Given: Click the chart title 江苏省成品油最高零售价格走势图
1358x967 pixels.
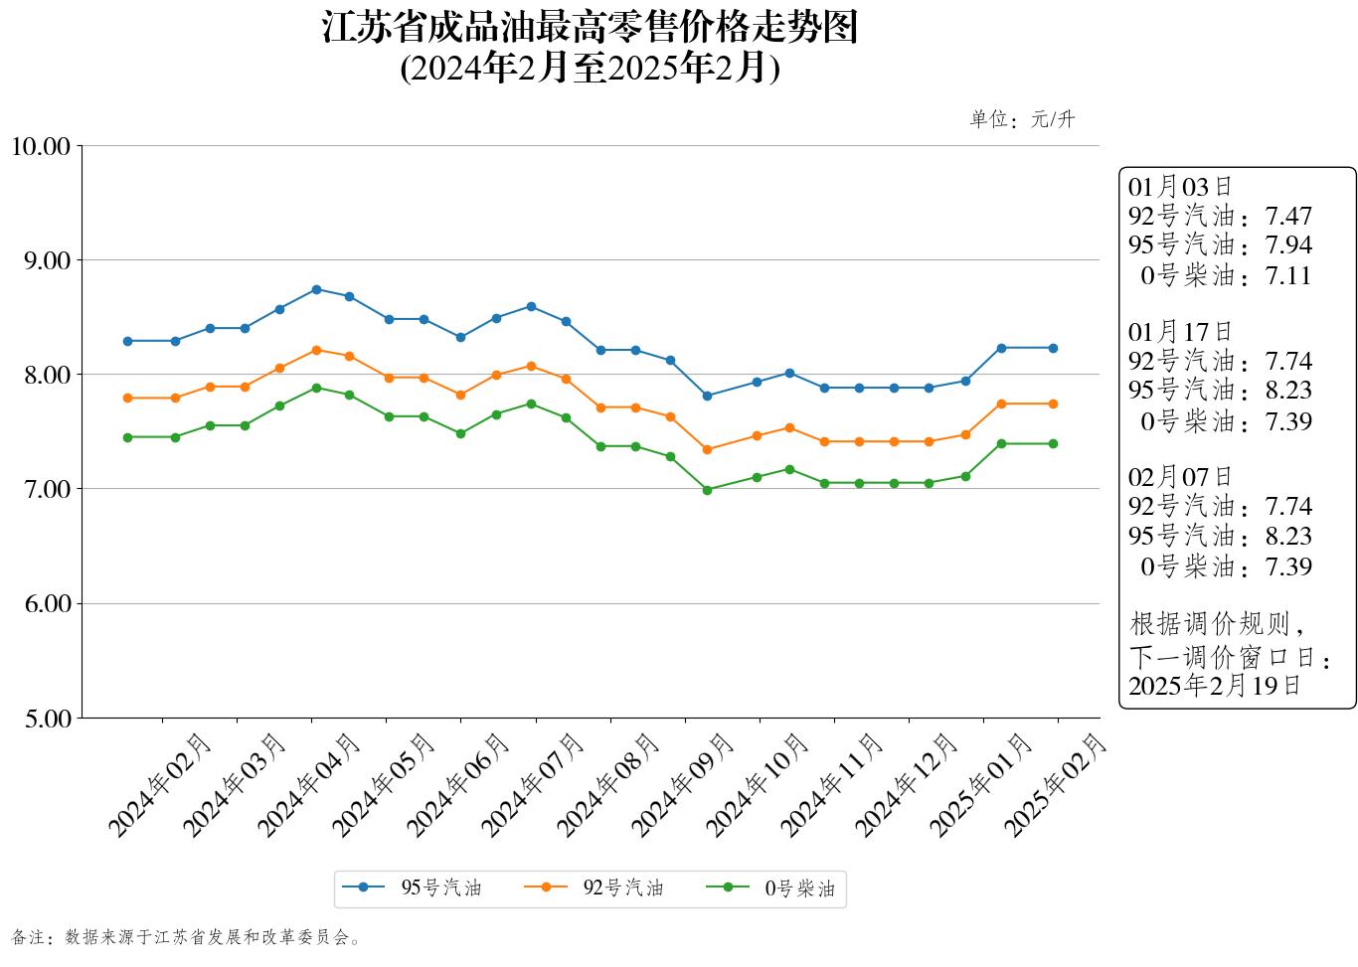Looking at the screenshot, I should point(590,28).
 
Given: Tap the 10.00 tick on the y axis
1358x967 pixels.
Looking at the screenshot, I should point(41,146).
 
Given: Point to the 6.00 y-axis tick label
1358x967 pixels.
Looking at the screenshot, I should point(46,603).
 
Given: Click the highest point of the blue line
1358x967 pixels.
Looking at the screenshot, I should point(316,289).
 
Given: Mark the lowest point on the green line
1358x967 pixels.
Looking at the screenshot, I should point(707,490).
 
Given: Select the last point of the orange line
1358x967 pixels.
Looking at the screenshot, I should point(1053,403).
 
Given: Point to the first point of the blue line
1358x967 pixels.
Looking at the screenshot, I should point(127,341).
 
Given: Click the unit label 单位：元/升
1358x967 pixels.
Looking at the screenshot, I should point(1022,120).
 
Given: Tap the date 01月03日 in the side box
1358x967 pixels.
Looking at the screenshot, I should point(1180,187).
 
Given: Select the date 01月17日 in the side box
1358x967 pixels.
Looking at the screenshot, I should point(1180,332).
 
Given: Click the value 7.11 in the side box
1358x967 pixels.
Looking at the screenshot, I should point(1288,276).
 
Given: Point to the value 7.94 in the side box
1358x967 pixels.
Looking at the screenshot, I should point(1288,245).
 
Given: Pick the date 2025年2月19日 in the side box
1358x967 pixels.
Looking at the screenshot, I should point(1214,686).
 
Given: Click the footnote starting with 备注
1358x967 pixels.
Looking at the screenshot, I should point(187,937).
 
